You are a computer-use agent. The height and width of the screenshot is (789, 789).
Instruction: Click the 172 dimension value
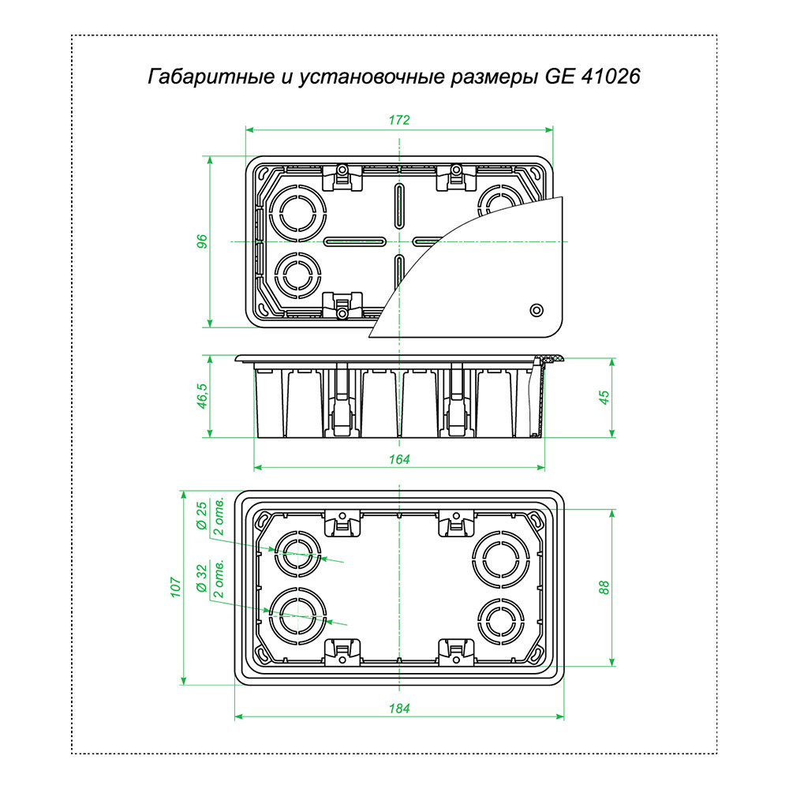399,120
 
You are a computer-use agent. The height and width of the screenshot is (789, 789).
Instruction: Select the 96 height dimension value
202,241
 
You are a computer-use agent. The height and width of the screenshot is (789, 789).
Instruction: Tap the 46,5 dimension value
202,395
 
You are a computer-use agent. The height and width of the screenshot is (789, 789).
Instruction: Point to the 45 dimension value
604,397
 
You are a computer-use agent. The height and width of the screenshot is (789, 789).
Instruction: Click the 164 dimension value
399,459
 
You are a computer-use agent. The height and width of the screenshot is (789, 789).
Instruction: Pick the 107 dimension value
176,587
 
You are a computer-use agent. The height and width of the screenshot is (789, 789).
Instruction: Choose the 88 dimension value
604,587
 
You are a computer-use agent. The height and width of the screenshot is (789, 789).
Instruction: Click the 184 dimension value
399,709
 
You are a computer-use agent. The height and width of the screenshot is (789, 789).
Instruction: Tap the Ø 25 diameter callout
202,516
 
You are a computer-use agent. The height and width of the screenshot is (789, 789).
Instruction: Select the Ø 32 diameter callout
202,578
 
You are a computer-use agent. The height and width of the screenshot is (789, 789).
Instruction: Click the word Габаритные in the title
211,77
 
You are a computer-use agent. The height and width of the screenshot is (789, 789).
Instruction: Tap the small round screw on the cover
537,310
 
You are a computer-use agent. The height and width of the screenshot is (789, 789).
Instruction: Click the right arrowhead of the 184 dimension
560,716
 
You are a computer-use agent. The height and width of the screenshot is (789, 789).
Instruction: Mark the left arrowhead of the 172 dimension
249,130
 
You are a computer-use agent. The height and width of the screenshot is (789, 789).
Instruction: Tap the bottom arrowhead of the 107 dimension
184,681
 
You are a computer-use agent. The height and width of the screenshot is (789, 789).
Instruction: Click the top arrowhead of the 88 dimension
612,514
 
